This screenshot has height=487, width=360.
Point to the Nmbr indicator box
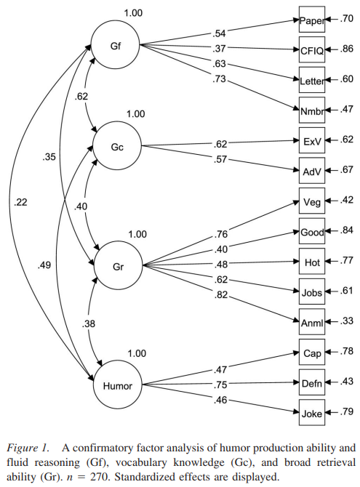[x=311, y=110]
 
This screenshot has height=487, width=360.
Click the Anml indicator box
[x=311, y=319]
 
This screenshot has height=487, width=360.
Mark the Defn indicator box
[x=311, y=380]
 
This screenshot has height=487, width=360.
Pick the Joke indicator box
[x=311, y=410]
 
